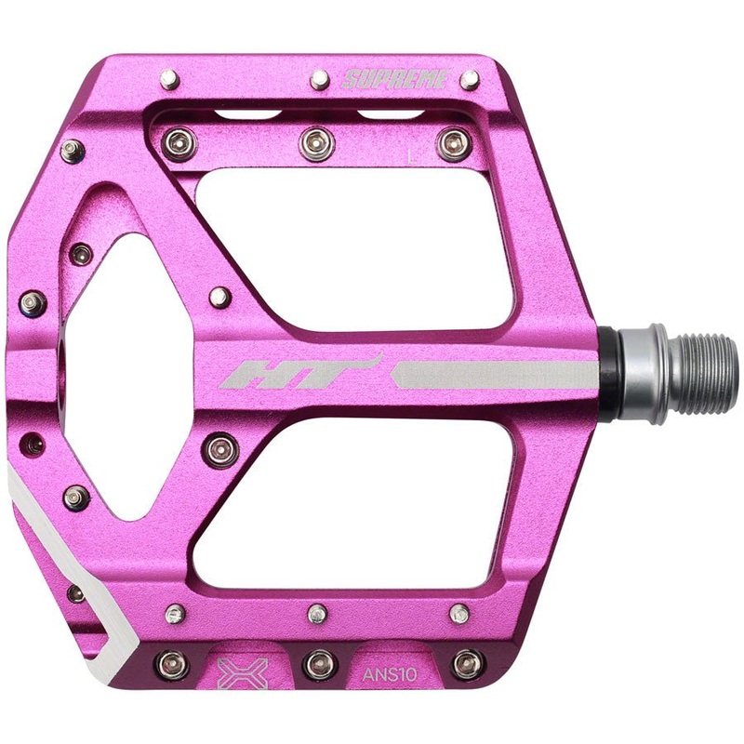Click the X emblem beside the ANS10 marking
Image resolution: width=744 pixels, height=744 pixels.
(242, 671)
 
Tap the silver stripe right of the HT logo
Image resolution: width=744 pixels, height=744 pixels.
(493, 375)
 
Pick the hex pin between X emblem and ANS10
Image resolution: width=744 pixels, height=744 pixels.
(318, 663)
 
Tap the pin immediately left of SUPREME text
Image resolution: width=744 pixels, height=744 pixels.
(319, 78)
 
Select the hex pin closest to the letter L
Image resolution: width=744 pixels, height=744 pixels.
(453, 143)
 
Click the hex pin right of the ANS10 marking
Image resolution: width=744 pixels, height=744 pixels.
(467, 663)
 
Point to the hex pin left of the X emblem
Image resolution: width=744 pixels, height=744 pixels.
(171, 663)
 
